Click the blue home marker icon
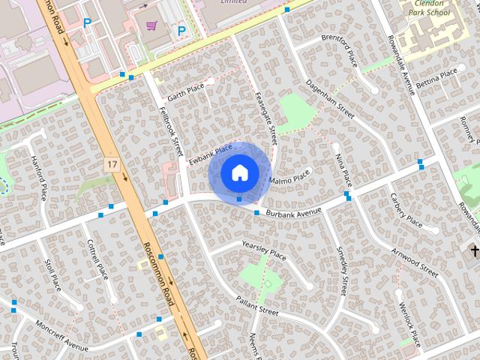click(x=239, y=172)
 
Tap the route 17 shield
click(x=112, y=164)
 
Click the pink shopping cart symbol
click(x=151, y=25)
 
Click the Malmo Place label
click(x=289, y=178)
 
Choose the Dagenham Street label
click(x=329, y=100)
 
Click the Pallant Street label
click(x=257, y=306)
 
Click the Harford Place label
click(x=40, y=175)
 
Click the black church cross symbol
click(x=474, y=250)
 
